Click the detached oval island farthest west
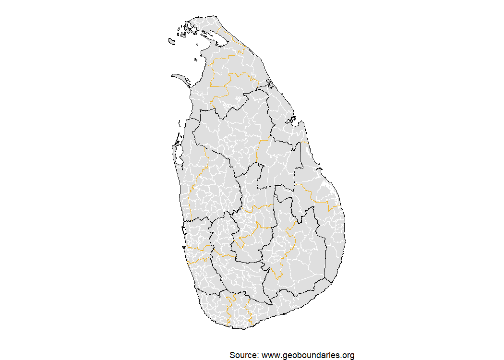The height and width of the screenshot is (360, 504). pos(171,42)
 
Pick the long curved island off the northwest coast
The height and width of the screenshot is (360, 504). pos(181,77)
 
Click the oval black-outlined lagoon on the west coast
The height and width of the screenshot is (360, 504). pos(185,231)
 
